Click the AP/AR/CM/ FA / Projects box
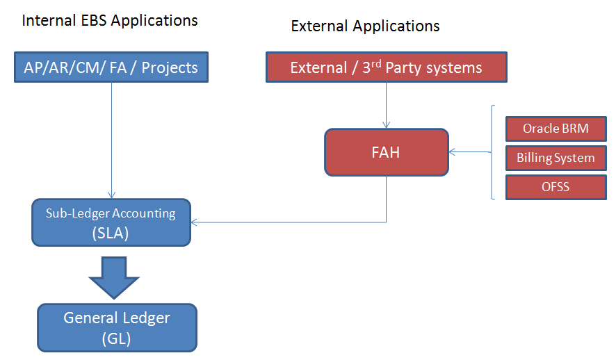point(111,67)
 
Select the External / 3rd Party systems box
point(386,67)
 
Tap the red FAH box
point(386,152)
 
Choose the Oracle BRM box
point(556,129)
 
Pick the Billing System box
point(556,158)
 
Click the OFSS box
point(556,186)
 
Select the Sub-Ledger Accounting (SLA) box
point(111,222)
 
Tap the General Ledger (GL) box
point(117,327)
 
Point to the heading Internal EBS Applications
point(110,20)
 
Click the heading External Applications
point(365,26)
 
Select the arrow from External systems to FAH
point(386,104)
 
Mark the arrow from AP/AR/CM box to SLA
point(111,139)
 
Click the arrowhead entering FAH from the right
point(453,152)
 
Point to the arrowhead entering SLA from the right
point(195,222)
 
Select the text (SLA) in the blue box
point(111,234)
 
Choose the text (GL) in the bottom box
point(117,338)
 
